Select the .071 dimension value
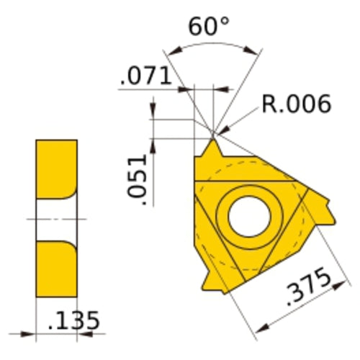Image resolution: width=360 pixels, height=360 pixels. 147,76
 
